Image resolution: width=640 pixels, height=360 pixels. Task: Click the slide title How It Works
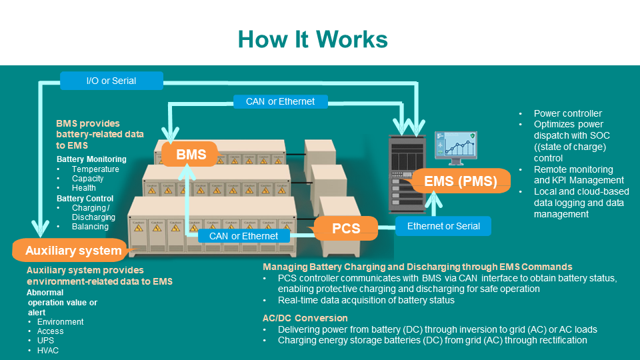coord(313,39)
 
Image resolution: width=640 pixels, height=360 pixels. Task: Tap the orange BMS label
coord(191,155)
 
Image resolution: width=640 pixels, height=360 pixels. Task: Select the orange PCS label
coord(346,229)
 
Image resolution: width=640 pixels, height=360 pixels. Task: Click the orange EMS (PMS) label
coord(461,181)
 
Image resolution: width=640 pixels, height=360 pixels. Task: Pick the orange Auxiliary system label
coord(73,251)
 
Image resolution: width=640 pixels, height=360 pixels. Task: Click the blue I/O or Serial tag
coord(111,81)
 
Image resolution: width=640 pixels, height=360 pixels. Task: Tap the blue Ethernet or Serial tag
coord(443,226)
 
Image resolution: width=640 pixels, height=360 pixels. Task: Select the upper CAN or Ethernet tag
coord(280,101)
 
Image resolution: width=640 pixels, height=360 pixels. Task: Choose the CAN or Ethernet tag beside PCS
coord(244,235)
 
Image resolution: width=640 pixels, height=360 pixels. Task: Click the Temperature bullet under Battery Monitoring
coord(95,169)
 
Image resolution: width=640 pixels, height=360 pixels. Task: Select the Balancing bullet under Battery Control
coord(90,227)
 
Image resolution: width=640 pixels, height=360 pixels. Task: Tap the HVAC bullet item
coord(48,351)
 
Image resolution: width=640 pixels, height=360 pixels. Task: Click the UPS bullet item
coord(46,341)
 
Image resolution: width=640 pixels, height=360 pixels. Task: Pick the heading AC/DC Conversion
coord(305,318)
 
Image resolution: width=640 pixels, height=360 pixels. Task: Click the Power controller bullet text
coord(568,113)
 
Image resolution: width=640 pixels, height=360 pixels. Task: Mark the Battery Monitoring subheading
coord(91,159)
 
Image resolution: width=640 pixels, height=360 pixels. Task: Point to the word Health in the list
coord(84,188)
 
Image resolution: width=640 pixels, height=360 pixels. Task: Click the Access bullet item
coord(51,331)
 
